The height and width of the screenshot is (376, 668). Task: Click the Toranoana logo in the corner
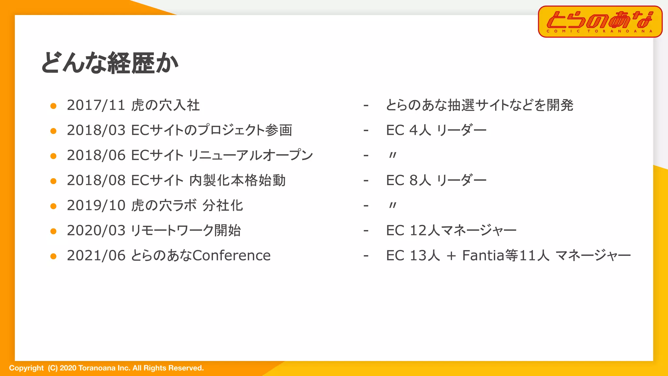coord(600,22)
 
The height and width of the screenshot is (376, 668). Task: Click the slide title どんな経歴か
coord(110,63)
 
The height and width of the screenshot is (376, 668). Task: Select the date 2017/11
coord(96,105)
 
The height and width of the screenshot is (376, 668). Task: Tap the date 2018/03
coord(96,130)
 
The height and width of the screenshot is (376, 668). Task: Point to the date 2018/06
coord(96,155)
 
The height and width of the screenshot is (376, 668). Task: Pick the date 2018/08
coord(96,180)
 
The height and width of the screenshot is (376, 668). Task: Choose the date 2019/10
coord(96,206)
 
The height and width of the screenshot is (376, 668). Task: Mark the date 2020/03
coord(96,230)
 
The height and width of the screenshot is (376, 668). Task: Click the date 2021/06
coord(96,256)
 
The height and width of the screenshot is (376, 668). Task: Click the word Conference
coord(232,256)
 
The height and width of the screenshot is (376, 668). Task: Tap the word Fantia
coord(483,256)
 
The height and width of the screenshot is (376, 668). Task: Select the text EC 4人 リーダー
coord(436,130)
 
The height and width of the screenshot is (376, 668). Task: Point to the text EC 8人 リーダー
coord(436,180)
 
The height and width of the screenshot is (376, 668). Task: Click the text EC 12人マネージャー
coord(451,230)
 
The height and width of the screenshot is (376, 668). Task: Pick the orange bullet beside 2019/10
coord(53,206)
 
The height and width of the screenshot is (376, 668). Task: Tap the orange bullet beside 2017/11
coord(53,106)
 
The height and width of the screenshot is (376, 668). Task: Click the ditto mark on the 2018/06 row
coord(393,155)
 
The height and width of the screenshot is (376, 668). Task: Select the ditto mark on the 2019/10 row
coord(393,206)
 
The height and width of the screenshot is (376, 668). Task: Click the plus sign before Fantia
coord(451,256)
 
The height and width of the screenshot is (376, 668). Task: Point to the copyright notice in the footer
coord(106,368)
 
